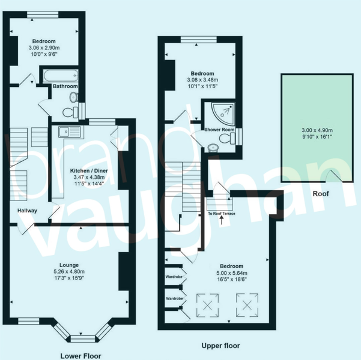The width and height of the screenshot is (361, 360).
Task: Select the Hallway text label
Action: pos(27,211)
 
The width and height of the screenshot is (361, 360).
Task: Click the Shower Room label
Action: pos(219,130)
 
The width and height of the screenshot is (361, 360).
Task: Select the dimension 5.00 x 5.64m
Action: pos(231,272)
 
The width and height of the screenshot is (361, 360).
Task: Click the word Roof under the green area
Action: pos(320,194)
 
